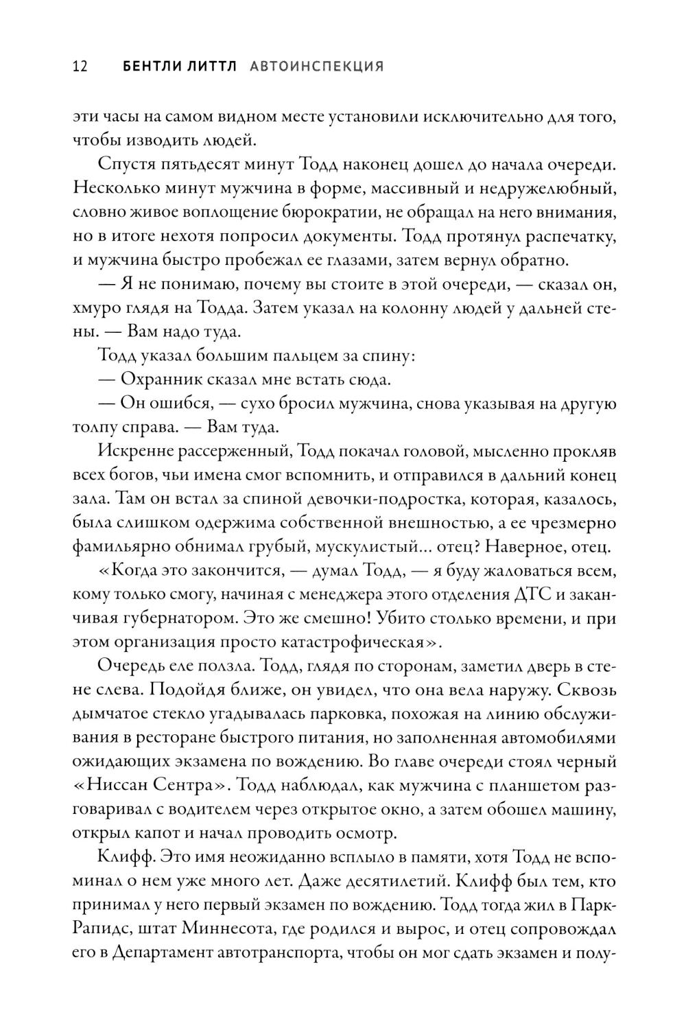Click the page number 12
[79, 67]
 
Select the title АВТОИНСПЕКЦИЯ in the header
[316, 67]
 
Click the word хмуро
[95, 309]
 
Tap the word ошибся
[182, 404]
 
